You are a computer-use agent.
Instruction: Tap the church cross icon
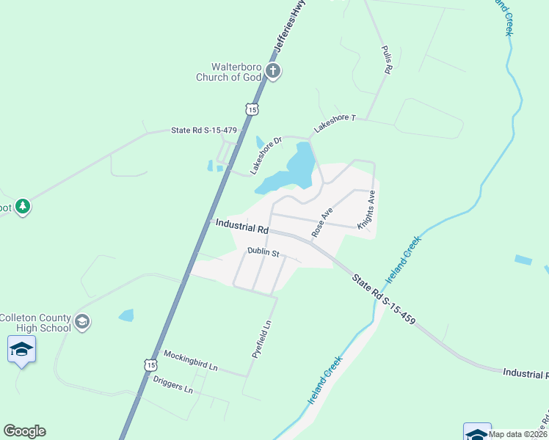click(x=273, y=71)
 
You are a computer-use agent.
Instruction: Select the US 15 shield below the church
click(x=252, y=109)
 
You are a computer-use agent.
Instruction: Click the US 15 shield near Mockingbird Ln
click(x=150, y=364)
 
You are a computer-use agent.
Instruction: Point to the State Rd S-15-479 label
click(x=204, y=131)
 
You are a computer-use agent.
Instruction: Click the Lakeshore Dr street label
click(x=265, y=155)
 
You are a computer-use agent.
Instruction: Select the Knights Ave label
click(x=367, y=210)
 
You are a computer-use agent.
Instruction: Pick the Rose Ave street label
click(x=322, y=221)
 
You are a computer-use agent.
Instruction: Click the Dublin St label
click(x=263, y=252)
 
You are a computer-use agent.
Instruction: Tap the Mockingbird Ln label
click(x=191, y=360)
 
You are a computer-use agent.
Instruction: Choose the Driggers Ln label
click(x=173, y=384)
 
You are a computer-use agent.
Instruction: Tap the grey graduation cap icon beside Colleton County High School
click(x=83, y=320)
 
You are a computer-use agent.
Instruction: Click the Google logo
click(x=24, y=431)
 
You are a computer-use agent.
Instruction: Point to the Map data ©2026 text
click(x=518, y=434)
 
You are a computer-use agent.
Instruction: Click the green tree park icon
click(x=23, y=207)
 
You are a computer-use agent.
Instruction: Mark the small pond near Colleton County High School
click(x=126, y=315)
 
